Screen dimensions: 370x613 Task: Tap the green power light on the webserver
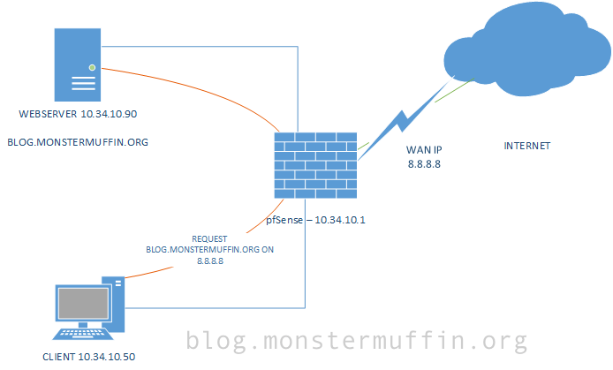coord(90,66)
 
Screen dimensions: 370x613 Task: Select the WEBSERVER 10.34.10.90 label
coord(78,115)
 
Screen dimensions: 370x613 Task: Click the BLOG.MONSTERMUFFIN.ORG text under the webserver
coord(77,141)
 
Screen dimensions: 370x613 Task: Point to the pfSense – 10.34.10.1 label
coord(316,218)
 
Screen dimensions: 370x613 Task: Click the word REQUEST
coord(210,239)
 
